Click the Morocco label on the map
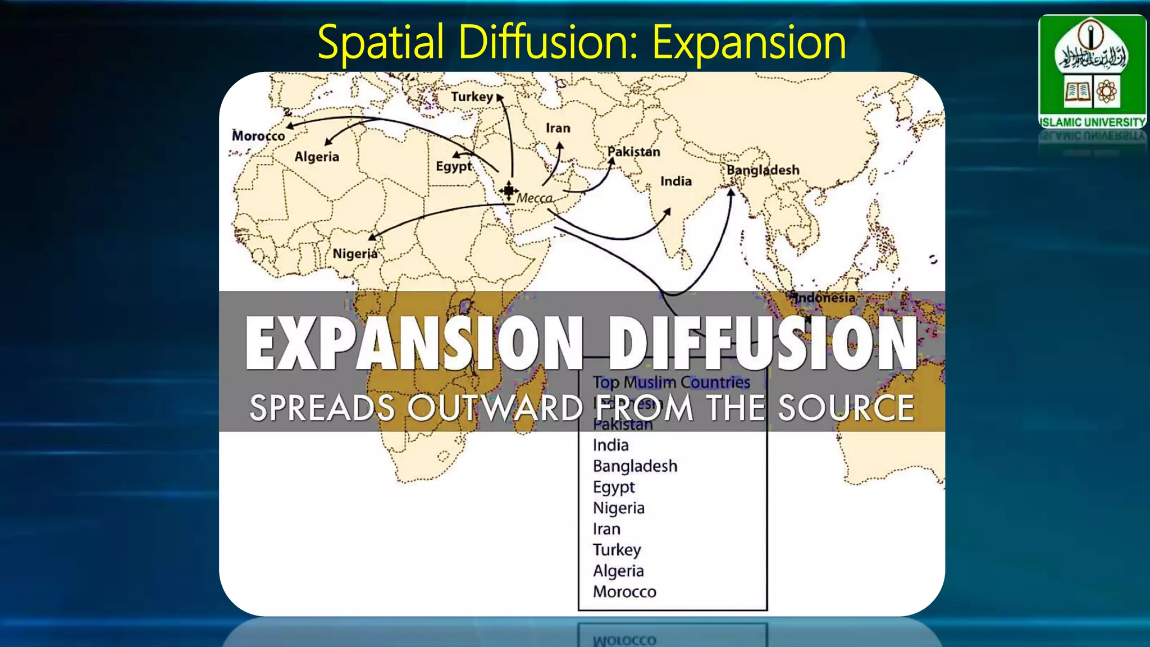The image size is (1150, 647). click(258, 136)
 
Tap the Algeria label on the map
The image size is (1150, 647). click(317, 157)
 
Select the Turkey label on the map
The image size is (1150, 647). click(472, 97)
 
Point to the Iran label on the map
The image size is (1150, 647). click(558, 128)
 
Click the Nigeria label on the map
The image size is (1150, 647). click(355, 254)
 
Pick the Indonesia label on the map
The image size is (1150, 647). click(825, 298)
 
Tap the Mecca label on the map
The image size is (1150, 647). click(534, 198)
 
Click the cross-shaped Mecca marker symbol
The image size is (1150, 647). click(508, 190)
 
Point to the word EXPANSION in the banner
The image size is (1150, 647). click(414, 343)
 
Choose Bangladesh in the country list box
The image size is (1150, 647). click(635, 466)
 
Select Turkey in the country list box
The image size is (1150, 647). click(617, 550)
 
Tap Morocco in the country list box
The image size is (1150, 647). click(624, 592)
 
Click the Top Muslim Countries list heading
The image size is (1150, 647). click(672, 382)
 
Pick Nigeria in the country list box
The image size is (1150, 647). click(618, 508)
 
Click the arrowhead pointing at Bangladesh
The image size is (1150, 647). click(731, 192)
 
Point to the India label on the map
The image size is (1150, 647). click(676, 181)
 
